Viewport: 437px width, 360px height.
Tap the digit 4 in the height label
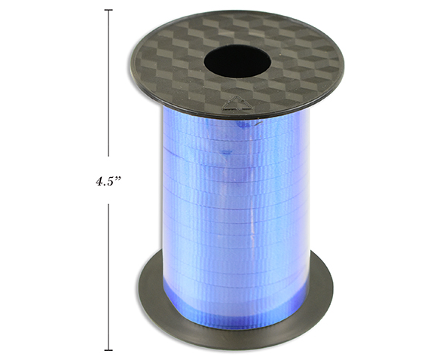99,182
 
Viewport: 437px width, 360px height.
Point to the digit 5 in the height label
110,182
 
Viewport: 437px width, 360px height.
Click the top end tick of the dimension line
108,10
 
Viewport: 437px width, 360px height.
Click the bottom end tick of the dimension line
108,350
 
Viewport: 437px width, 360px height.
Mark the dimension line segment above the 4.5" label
108,83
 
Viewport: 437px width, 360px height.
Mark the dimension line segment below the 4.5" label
108,276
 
